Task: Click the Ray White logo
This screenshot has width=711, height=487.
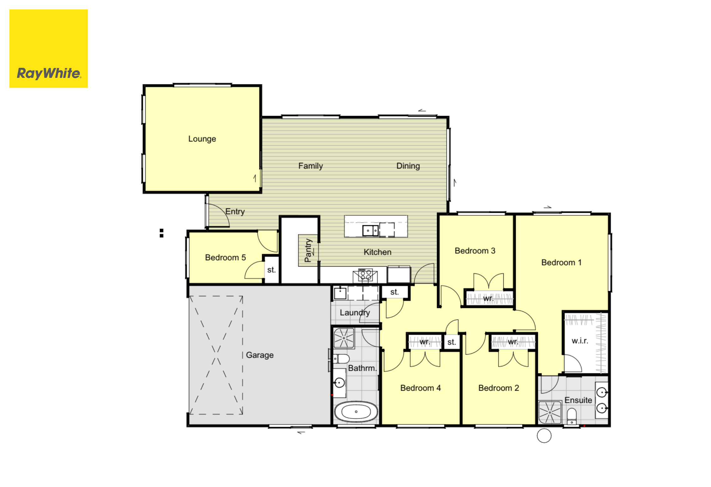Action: pyautogui.click(x=49, y=49)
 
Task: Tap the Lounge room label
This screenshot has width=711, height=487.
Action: pyautogui.click(x=202, y=139)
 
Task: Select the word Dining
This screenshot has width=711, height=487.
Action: pyautogui.click(x=408, y=166)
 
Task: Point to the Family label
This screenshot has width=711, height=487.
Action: pyautogui.click(x=311, y=166)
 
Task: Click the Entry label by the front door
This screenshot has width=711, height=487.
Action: pyautogui.click(x=235, y=212)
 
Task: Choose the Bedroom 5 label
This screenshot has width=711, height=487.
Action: pyautogui.click(x=225, y=257)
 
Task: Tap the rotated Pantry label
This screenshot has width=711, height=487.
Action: pyautogui.click(x=308, y=250)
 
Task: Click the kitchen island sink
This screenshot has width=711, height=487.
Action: pyautogui.click(x=370, y=231)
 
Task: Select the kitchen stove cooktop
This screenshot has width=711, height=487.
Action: pyautogui.click(x=365, y=275)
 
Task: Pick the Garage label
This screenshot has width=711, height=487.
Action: pyautogui.click(x=260, y=355)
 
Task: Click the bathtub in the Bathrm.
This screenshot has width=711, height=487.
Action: pyautogui.click(x=356, y=412)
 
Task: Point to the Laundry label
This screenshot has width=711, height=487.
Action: pyautogui.click(x=355, y=313)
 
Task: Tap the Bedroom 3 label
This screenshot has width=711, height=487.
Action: pyautogui.click(x=475, y=251)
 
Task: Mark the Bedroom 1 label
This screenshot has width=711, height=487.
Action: pyautogui.click(x=562, y=262)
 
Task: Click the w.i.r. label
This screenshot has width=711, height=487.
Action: pyautogui.click(x=580, y=341)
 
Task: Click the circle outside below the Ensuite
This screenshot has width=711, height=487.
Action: pyautogui.click(x=544, y=436)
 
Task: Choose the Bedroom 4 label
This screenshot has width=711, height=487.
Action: pyautogui.click(x=421, y=388)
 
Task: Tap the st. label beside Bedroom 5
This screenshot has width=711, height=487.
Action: pyautogui.click(x=271, y=270)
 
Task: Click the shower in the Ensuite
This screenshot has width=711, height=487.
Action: pyautogui.click(x=550, y=412)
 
